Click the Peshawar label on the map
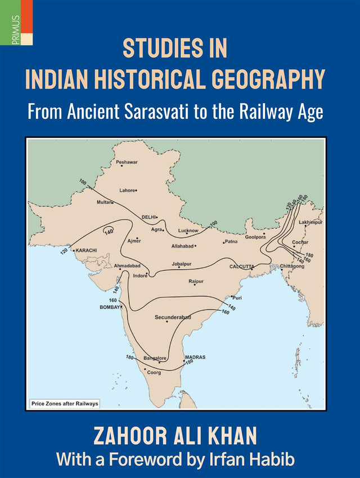[127, 163]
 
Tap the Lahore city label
[127, 190]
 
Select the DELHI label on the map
[148, 217]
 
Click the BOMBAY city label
[110, 307]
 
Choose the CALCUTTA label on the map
[241, 266]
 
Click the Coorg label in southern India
[154, 372]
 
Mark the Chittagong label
[292, 266]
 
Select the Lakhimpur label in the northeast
[310, 222]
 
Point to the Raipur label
[196, 281]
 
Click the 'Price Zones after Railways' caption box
[64, 404]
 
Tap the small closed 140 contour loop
[108, 229]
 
